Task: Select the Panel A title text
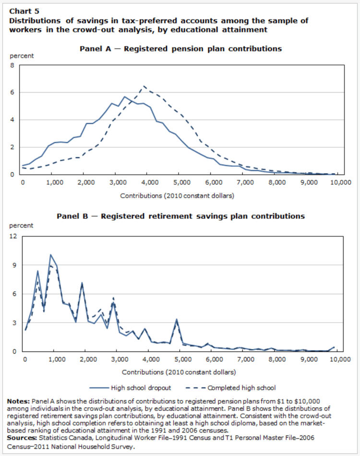tap(180, 48)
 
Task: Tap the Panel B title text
tap(180, 216)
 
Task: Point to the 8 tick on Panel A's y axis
tap(12, 65)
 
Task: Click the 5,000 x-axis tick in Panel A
tap(178, 182)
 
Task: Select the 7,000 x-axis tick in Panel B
tap(246, 360)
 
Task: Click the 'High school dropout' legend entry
tap(137, 387)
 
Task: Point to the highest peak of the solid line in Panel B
tap(50, 254)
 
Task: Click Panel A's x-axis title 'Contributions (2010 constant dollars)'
tap(178, 196)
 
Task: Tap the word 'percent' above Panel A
tap(22, 56)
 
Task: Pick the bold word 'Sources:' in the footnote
tap(21, 437)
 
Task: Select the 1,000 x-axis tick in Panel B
tap(57, 360)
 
